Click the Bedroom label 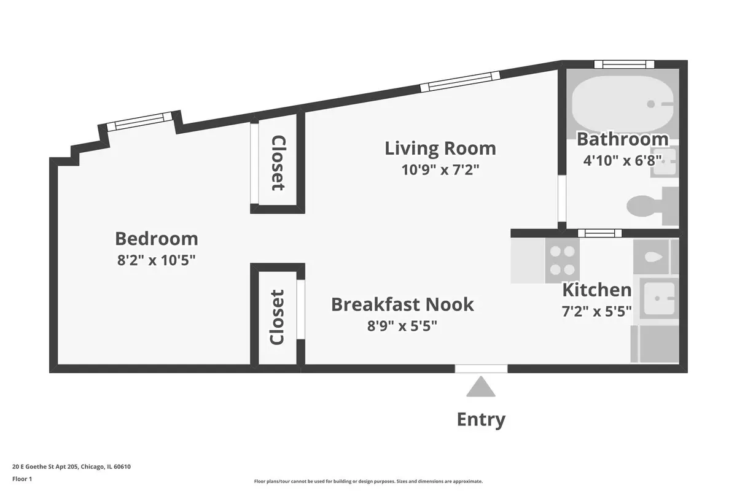pos(156,239)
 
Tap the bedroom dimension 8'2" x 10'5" pos(156,260)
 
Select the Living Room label pos(440,149)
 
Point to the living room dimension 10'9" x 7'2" pos(440,170)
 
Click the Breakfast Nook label pos(402,304)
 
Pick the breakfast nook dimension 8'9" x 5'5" pos(402,327)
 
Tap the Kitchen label pos(597,290)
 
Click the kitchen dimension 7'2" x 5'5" pos(597,311)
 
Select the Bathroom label pos(623,139)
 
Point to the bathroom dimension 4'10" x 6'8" pos(623,161)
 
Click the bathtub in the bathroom pos(623,104)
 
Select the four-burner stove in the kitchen pos(563,260)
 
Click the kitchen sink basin pos(659,299)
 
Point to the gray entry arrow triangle pos(481,387)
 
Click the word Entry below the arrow pos(481,420)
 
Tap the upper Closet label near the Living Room pos(278,163)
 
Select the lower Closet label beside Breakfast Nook pos(277,317)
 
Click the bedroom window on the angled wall pos(139,122)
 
